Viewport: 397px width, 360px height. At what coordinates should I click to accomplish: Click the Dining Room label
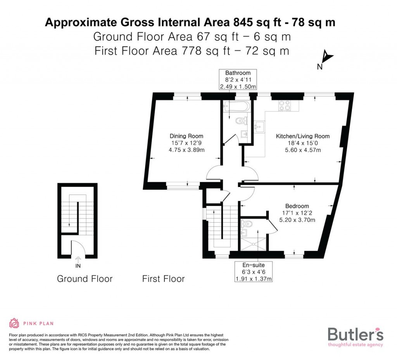186,136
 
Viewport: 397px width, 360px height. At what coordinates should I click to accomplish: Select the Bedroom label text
297,206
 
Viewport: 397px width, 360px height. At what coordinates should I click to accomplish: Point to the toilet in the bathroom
241,121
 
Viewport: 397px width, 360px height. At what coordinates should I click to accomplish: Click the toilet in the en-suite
247,224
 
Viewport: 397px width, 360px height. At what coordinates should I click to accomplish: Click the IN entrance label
78,266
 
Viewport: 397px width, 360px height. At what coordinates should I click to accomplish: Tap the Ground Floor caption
85,279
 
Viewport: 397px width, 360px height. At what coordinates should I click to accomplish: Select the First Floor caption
163,279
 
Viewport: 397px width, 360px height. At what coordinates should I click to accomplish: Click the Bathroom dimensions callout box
238,80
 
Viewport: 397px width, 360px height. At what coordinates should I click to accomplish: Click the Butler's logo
356,336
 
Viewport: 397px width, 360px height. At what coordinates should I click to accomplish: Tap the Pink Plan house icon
14,323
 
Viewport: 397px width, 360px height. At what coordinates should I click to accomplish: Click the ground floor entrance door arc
78,246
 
